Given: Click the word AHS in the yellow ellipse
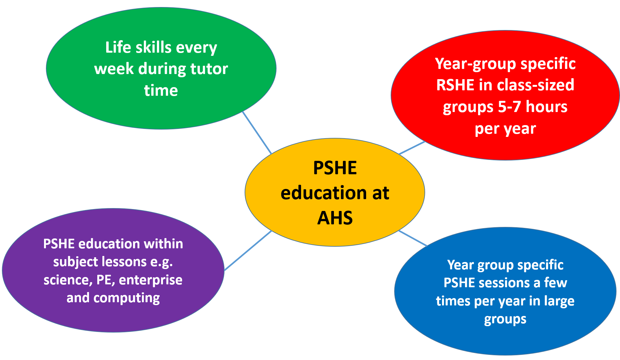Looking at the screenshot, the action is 335,218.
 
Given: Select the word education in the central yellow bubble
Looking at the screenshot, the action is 323,193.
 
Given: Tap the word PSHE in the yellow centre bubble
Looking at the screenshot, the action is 335,168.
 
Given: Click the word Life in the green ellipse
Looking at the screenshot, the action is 118,47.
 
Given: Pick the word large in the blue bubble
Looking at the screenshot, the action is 559,301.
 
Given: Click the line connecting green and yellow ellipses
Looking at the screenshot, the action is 257,133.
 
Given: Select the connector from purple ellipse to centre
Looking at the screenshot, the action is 248,251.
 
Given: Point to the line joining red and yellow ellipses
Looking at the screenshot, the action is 412,148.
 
